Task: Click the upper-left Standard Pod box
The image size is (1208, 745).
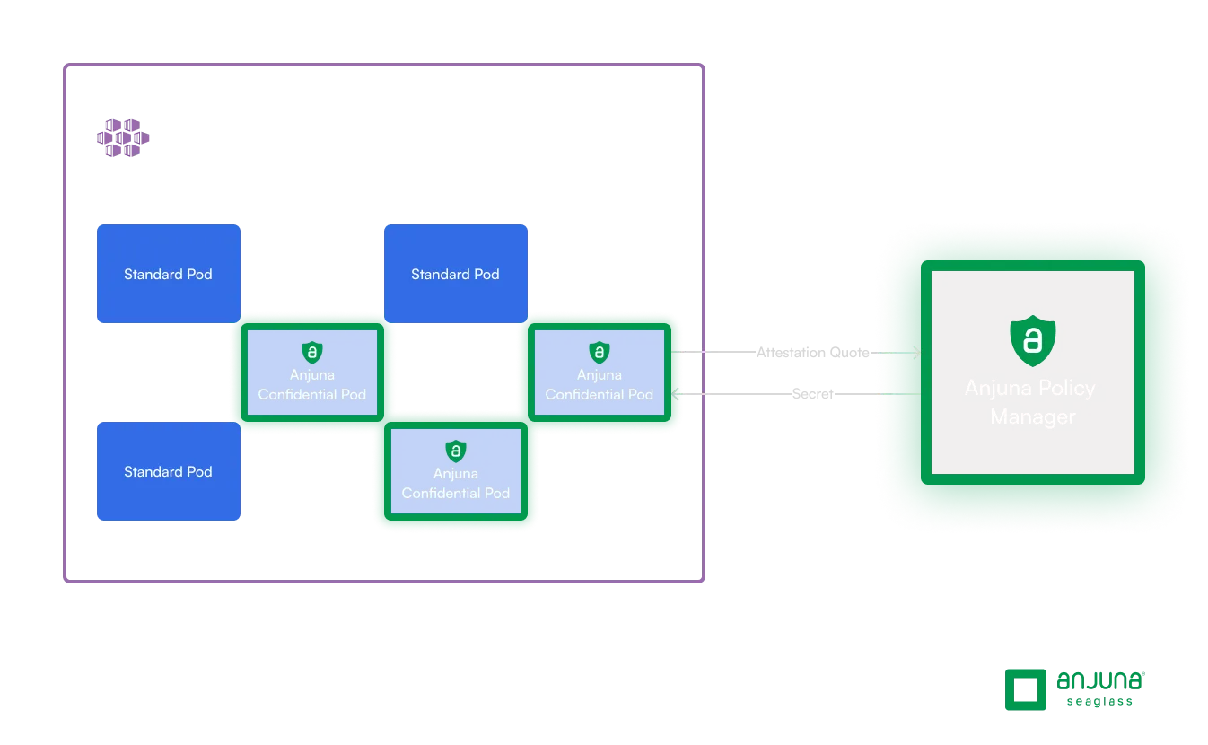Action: coord(168,273)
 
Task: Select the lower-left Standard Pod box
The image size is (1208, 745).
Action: coord(168,471)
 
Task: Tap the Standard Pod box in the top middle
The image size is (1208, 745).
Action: coord(455,273)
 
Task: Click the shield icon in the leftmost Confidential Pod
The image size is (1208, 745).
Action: coord(311,352)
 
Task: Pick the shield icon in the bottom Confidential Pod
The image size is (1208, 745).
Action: coord(455,451)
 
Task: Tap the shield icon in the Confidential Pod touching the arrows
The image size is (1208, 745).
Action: coord(599,352)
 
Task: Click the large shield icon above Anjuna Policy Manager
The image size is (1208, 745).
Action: coord(1032,340)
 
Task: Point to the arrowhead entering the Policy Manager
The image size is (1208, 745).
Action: coord(915,353)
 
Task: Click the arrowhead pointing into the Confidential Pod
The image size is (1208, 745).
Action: coord(678,393)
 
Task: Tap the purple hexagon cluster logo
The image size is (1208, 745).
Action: coord(120,138)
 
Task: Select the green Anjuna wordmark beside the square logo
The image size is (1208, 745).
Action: coord(1101,679)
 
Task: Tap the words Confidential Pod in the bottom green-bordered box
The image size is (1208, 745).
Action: coord(455,493)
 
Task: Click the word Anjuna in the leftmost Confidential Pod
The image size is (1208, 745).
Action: coord(311,374)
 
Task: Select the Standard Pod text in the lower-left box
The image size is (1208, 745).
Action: coord(168,471)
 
